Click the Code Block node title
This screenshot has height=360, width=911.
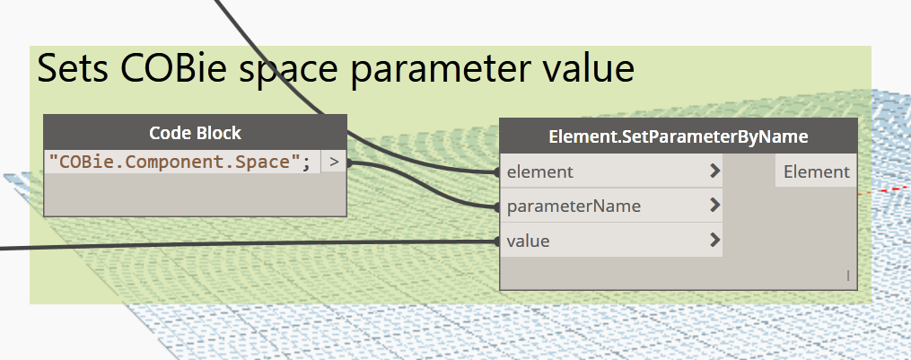pyautogui.click(x=196, y=133)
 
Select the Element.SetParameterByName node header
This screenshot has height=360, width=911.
pyautogui.click(x=679, y=136)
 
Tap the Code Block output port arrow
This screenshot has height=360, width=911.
pyautogui.click(x=334, y=162)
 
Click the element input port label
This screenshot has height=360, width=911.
pyautogui.click(x=539, y=171)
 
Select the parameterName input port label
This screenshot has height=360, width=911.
pyautogui.click(x=574, y=206)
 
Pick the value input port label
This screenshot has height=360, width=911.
pyautogui.click(x=528, y=241)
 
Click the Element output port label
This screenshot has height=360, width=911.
pyautogui.click(x=816, y=171)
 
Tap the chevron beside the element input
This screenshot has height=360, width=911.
pyautogui.click(x=715, y=171)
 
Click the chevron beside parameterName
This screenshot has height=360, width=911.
pyautogui.click(x=715, y=206)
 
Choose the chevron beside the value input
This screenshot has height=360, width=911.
pyautogui.click(x=715, y=240)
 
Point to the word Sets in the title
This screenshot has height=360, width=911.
pyautogui.click(x=73, y=68)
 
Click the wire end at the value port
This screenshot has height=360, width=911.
pyautogui.click(x=497, y=241)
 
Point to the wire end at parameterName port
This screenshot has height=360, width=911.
pyautogui.click(x=497, y=206)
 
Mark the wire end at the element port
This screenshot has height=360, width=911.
pyautogui.click(x=497, y=172)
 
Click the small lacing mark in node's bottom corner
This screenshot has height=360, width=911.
pyautogui.click(x=847, y=276)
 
